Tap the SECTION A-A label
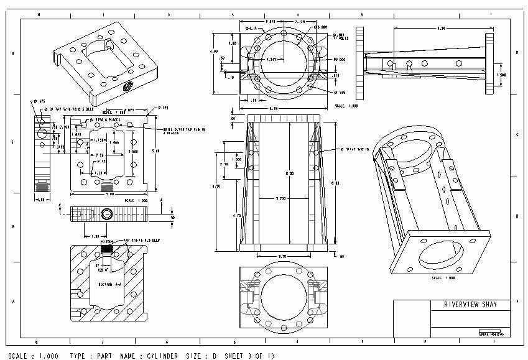(101, 284)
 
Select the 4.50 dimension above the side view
(442, 28)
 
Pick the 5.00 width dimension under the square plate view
(109, 194)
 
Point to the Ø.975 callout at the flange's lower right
(340, 92)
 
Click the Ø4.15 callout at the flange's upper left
(252, 28)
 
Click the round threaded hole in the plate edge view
(107, 215)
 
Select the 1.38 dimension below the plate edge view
(96, 236)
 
